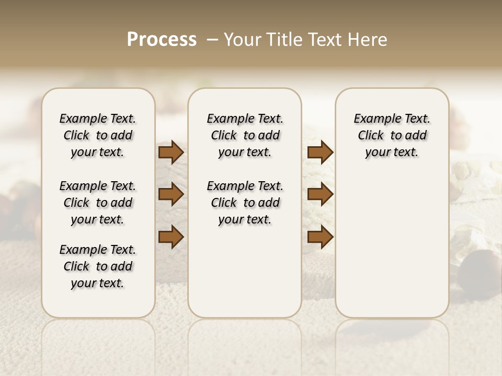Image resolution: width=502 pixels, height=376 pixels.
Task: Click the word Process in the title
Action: tap(162, 40)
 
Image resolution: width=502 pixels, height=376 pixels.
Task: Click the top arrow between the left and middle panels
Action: tap(171, 152)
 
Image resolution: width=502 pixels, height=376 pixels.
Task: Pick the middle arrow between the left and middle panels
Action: tap(171, 195)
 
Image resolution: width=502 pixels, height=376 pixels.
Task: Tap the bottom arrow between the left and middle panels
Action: tap(171, 237)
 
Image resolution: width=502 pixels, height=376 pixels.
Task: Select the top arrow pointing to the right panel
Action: tap(320, 152)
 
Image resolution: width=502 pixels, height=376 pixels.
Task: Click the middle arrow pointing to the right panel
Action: tap(320, 195)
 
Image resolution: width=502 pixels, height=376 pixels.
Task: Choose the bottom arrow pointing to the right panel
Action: tap(320, 237)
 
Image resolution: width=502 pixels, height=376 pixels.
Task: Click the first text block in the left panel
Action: tap(98, 136)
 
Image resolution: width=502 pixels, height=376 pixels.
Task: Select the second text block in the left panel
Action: tap(98, 203)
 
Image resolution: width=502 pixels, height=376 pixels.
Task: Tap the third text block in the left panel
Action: tap(98, 266)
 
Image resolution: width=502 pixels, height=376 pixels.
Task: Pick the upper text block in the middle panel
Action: tap(245, 136)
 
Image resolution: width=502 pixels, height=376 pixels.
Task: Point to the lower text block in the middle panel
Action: tap(245, 203)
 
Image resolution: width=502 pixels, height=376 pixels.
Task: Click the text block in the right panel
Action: tap(392, 136)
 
